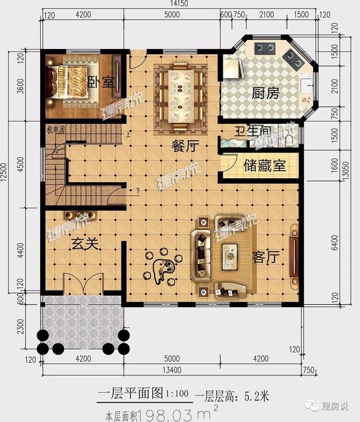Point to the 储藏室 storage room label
coord(264,166)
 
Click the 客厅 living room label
coord(265,257)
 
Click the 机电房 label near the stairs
coord(56,129)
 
